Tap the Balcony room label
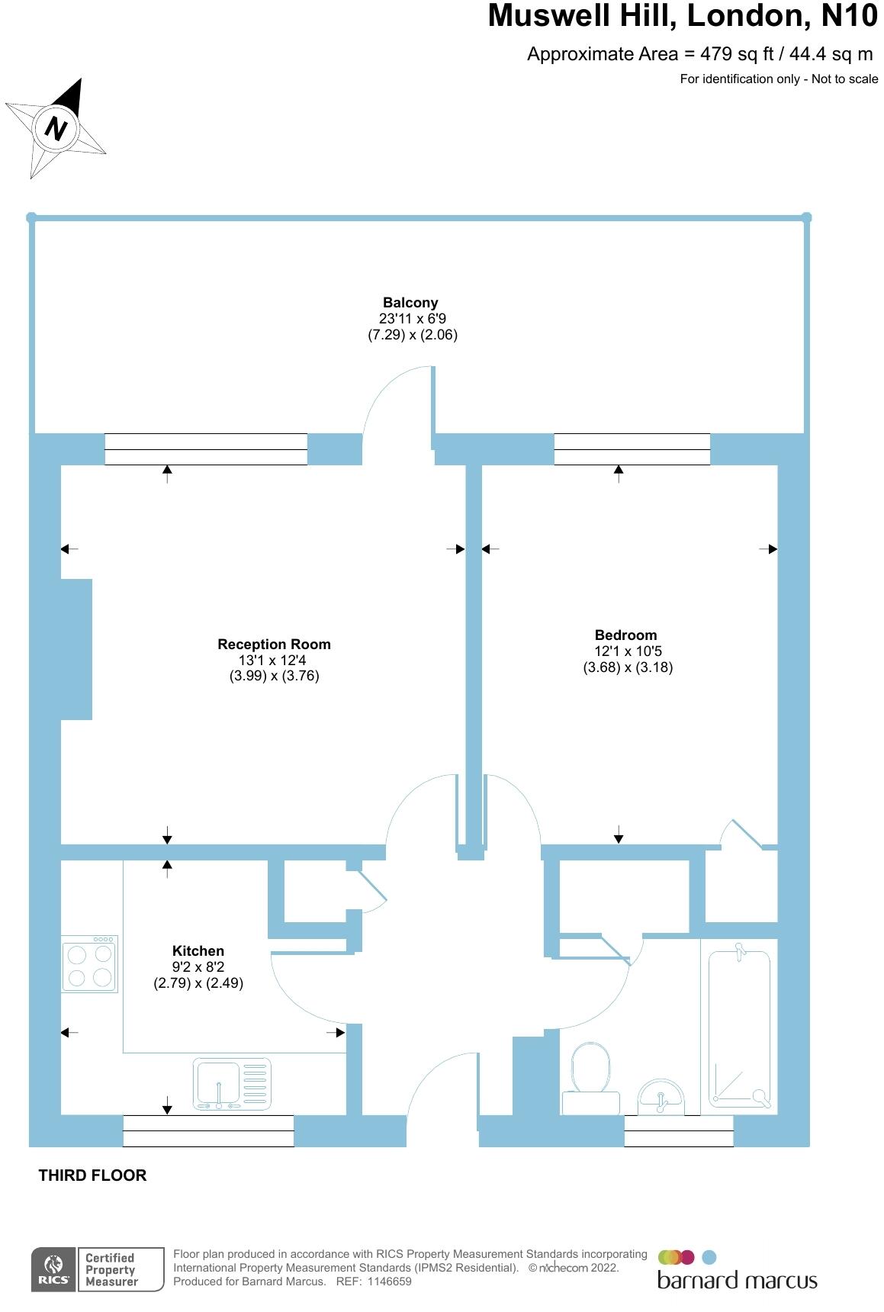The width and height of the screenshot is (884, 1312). tap(410, 303)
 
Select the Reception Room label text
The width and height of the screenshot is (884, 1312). tap(274, 645)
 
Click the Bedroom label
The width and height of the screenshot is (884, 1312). tap(625, 635)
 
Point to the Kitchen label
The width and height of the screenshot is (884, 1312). tap(198, 951)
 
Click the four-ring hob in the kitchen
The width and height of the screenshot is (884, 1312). tap(90, 965)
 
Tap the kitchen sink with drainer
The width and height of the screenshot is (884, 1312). tap(232, 1084)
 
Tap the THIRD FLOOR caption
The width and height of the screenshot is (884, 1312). tap(92, 1175)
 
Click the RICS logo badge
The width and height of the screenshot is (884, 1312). tap(53, 1270)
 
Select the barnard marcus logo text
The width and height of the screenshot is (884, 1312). tap(737, 1280)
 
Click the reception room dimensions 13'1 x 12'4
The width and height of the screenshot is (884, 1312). tap(273, 661)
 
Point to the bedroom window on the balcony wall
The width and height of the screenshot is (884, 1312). tap(632, 449)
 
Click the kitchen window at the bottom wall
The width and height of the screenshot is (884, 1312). tap(208, 1130)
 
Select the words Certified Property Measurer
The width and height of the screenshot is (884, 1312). tap(111, 1270)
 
